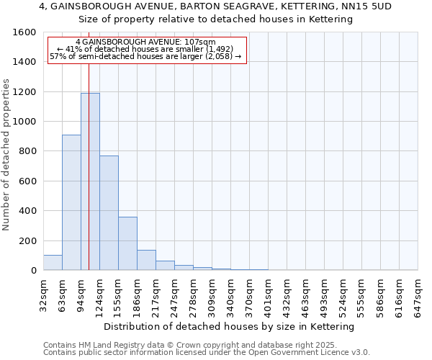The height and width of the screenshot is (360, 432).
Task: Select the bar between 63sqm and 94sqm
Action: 71,202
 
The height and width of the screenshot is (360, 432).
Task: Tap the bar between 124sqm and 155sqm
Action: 109,213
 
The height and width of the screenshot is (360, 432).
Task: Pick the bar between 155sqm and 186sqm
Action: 127,243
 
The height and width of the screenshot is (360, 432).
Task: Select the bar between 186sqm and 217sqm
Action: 146,260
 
